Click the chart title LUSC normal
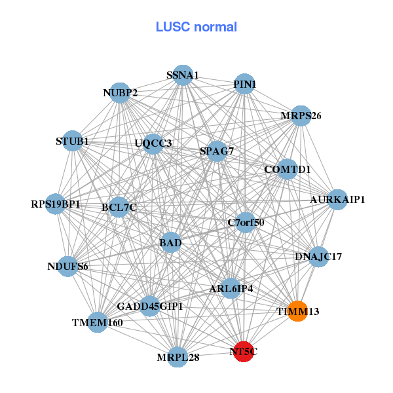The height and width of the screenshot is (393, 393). coord(196,27)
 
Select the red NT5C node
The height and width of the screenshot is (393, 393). coord(244,352)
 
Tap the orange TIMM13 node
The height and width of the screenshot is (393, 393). coord(297,311)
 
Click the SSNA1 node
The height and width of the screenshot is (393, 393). coord(183,75)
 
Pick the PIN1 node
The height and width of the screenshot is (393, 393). coord(244,84)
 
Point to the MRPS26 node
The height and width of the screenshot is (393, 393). coord(301,116)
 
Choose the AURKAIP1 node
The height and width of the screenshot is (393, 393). coord(337,199)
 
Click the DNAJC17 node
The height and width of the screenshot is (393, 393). coord(318,256)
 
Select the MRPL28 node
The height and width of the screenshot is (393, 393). coord(178,357)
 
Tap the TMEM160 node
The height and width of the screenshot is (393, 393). coord(98,322)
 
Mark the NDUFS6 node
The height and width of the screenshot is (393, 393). coord(68,266)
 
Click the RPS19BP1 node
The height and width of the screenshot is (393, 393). coord(56,204)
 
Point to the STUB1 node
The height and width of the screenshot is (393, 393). coord(72,141)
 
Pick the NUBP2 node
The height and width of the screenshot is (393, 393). coord(120,92)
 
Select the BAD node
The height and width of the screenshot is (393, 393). coord(170,243)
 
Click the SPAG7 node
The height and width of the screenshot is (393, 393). coord(217,151)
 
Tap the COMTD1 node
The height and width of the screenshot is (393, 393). coord(287,170)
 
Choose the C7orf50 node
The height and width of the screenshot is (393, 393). coord(246,222)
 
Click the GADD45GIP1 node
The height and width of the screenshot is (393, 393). coord(150,306)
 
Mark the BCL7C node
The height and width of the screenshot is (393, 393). coord(119,208)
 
